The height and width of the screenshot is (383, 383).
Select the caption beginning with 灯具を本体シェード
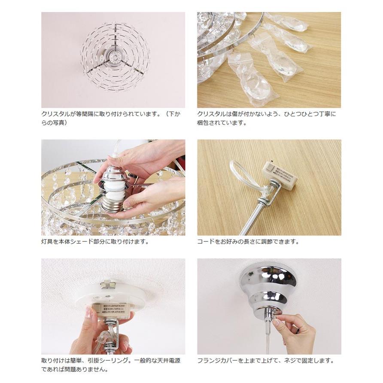tap(94, 242)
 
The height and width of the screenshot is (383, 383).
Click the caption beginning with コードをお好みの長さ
tap(248, 242)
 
